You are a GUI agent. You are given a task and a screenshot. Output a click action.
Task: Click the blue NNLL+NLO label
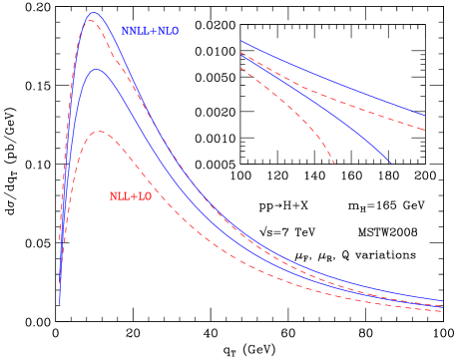(x=150, y=31)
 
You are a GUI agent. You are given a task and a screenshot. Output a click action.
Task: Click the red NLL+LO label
(x=130, y=196)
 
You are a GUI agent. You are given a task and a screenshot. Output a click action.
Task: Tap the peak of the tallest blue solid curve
(x=94, y=13)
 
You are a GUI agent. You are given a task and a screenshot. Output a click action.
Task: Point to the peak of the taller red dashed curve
(x=92, y=21)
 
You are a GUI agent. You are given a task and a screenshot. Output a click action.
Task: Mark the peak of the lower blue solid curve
(x=96, y=70)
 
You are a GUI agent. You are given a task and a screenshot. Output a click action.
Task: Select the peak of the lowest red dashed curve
(x=98, y=132)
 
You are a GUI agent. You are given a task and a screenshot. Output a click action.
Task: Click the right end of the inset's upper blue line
(x=424, y=115)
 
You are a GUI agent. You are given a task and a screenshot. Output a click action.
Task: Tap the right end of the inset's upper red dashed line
(x=424, y=130)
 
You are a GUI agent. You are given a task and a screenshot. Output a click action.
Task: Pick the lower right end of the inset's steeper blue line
(x=390, y=163)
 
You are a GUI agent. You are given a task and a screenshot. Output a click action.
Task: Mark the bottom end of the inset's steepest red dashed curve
(x=334, y=163)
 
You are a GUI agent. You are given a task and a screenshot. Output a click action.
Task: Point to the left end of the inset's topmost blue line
(x=240, y=41)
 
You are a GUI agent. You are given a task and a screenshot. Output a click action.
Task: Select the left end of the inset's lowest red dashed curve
(x=240, y=67)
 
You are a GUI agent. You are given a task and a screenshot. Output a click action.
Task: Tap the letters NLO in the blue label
(x=168, y=31)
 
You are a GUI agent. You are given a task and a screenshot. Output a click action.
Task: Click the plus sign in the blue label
(x=153, y=31)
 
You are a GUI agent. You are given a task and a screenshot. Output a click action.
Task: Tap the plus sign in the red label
(x=133, y=196)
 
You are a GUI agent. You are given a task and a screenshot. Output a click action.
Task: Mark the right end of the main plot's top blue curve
(x=442, y=300)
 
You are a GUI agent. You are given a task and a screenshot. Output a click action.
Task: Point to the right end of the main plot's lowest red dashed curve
(x=442, y=311)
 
